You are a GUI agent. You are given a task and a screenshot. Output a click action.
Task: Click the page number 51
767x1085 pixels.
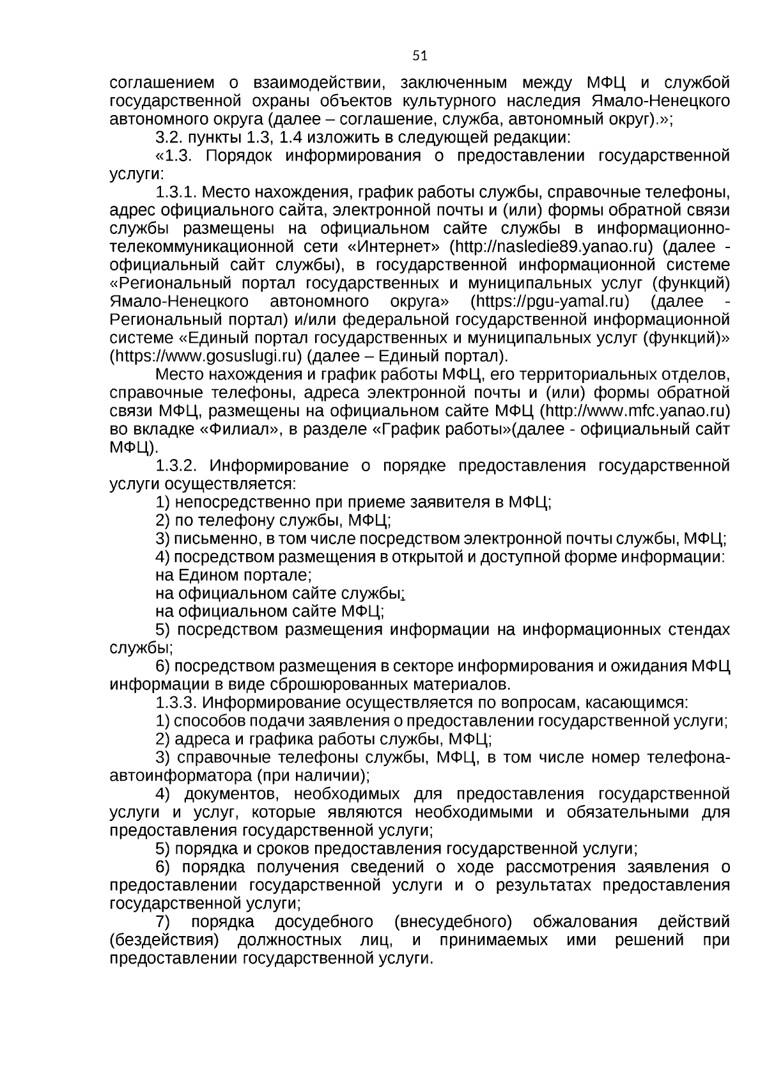tap(419, 56)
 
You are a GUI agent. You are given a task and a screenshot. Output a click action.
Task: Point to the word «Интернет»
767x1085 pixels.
tap(392, 247)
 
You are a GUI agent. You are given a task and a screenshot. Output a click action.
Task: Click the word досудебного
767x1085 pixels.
tap(324, 922)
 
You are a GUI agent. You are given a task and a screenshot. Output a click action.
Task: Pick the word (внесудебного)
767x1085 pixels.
tap(453, 922)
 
